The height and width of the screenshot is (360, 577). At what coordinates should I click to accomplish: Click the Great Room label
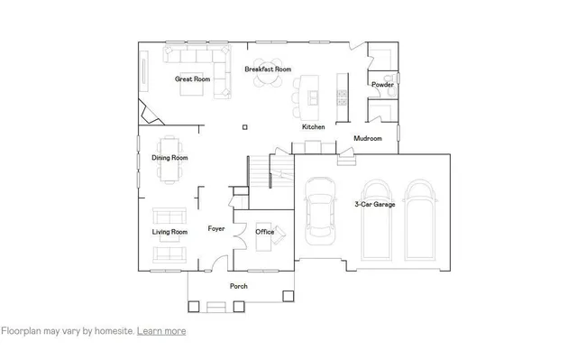click(192, 79)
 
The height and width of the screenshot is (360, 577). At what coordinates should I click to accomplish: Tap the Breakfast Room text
click(268, 69)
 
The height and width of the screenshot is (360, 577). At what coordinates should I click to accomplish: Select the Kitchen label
click(313, 127)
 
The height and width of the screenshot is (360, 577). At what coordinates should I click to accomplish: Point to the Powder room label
click(382, 85)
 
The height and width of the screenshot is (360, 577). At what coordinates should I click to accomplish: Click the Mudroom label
click(368, 139)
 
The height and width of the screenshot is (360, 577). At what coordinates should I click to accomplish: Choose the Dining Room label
click(169, 158)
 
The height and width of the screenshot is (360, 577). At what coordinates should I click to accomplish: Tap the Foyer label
click(216, 229)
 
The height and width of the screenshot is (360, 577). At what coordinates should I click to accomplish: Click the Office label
click(264, 232)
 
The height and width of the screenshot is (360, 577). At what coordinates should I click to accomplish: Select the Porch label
click(239, 286)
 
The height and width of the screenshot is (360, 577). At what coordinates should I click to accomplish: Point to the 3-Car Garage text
click(375, 205)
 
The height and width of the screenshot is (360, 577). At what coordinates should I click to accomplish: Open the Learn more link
click(161, 331)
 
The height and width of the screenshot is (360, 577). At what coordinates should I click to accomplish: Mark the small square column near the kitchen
click(245, 127)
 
